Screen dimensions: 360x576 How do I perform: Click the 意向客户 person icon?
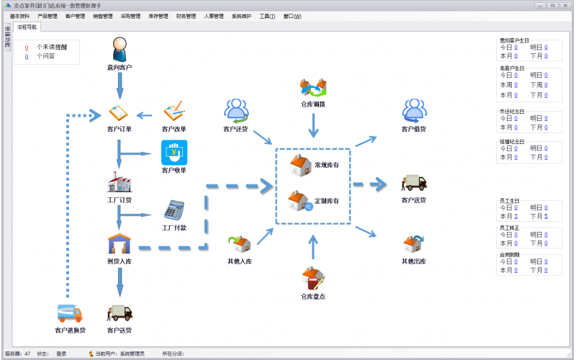pos(120,50)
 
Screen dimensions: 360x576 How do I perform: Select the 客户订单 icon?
pos(119,113)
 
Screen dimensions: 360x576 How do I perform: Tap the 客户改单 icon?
pos(174,112)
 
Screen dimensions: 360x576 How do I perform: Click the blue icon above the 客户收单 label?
pos(174,153)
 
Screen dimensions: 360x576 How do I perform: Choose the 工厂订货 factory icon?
pos(119,181)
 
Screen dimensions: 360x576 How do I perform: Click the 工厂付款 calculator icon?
pos(174,210)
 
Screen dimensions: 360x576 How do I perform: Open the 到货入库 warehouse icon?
pos(119,243)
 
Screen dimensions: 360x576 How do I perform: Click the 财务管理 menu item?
pos(186,16)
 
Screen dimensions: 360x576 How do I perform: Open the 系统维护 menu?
pos(241,16)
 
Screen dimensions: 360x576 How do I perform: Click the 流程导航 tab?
pos(27,27)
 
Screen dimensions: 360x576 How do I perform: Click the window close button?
pos(565,5)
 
